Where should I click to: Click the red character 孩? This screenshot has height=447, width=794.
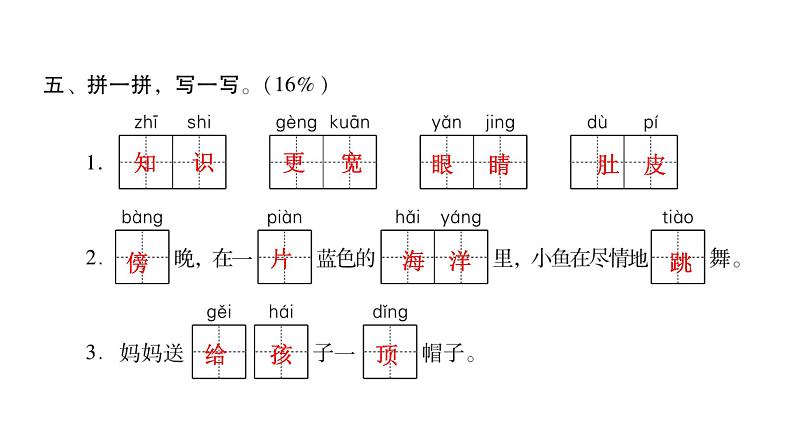pyautogui.click(x=277, y=353)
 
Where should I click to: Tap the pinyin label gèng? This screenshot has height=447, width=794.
pyautogui.click(x=294, y=123)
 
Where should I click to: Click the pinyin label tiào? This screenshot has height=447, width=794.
pyautogui.click(x=678, y=217)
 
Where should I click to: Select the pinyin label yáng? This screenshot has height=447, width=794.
pyautogui.click(x=461, y=217)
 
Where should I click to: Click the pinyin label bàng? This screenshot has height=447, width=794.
pyautogui.click(x=141, y=217)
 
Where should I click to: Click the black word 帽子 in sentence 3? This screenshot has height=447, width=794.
pyautogui.click(x=441, y=354)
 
